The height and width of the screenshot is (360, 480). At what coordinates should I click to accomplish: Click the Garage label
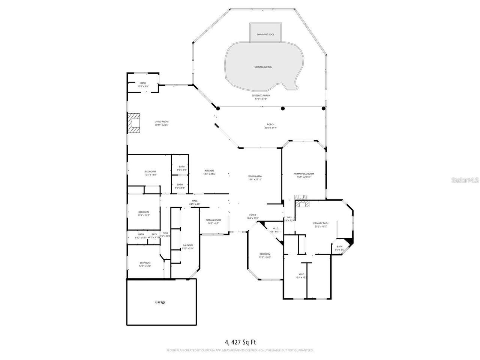(160, 302)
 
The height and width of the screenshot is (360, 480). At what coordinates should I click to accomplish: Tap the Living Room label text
(162, 123)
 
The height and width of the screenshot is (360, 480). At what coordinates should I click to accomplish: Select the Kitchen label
(209, 172)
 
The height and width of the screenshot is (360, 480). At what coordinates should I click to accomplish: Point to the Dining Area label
(255, 177)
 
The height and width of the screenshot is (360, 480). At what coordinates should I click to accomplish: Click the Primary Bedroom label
(303, 175)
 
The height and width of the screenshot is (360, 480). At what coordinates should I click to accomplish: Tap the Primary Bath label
(321, 225)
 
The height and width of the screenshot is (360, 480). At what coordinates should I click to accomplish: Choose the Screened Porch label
(261, 97)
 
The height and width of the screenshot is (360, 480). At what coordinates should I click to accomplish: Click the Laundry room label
(187, 246)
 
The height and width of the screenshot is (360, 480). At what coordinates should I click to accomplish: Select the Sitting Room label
(213, 222)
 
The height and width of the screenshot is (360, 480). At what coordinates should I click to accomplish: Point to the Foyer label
(253, 216)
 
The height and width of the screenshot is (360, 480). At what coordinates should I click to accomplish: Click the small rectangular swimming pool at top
(265, 33)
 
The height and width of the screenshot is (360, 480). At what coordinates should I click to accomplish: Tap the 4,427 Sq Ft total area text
(240, 342)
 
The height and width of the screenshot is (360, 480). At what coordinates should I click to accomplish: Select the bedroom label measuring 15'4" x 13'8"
(150, 173)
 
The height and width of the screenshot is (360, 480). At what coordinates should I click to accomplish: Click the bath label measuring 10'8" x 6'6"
(143, 85)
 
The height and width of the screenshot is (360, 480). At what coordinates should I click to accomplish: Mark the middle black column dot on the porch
(283, 109)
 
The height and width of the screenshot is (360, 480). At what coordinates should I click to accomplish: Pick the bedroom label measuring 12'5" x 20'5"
(265, 255)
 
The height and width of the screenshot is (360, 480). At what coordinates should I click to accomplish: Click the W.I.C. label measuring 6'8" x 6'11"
(276, 230)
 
